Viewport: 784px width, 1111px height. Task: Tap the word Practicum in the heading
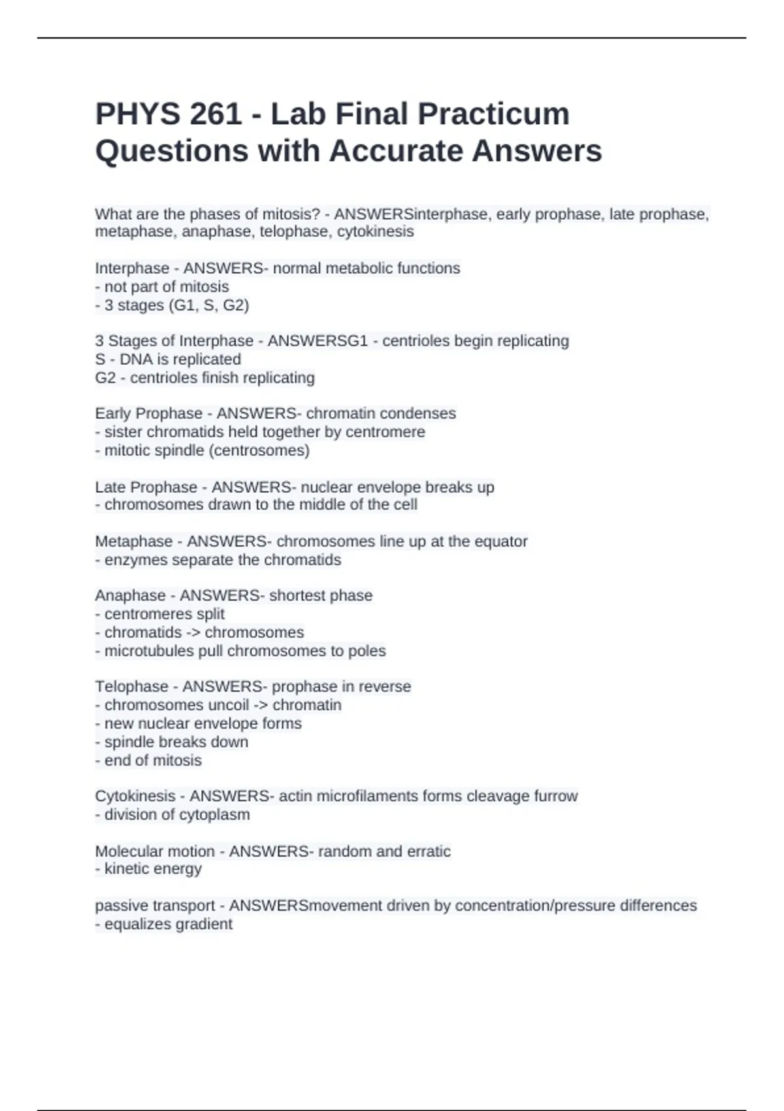(x=493, y=114)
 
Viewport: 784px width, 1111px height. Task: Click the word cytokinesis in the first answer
(x=375, y=231)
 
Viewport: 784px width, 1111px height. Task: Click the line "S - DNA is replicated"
(x=168, y=359)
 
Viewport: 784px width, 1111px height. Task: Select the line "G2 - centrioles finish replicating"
(x=204, y=378)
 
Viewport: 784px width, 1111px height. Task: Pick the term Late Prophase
(x=146, y=488)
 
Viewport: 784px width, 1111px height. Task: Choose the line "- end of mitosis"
(x=148, y=761)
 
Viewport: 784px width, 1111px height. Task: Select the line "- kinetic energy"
(x=148, y=869)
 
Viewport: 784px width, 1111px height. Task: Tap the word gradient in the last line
(x=204, y=925)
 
